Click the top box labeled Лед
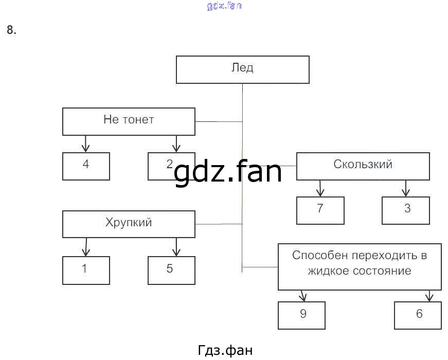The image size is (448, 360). click(243, 69)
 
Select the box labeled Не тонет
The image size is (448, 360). click(129, 121)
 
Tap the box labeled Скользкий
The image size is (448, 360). click(363, 166)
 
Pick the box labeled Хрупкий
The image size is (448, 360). click(129, 224)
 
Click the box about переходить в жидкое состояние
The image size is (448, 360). click(360, 266)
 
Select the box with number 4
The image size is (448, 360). click(86, 166)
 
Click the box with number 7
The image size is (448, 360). click(320, 210)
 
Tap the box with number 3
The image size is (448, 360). click(406, 210)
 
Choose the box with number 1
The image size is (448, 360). click(86, 269)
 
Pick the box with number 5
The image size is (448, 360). click(171, 269)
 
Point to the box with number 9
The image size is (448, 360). click(302, 314)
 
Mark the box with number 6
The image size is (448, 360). click(418, 314)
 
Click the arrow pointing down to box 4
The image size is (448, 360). click(86, 144)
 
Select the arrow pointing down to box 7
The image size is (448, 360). click(320, 188)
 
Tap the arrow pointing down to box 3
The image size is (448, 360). click(406, 188)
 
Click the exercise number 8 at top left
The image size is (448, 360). click(11, 30)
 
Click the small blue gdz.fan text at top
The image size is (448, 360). click(224, 6)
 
